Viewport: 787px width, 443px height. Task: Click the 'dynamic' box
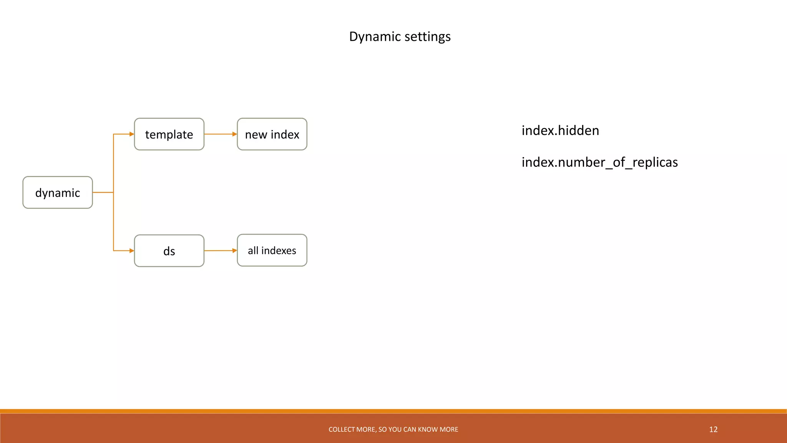click(x=58, y=193)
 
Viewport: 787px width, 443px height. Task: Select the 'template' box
click(x=169, y=134)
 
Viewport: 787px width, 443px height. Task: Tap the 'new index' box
click(x=272, y=134)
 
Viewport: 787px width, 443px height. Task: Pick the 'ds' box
click(x=169, y=251)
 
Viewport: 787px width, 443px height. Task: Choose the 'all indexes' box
click(x=272, y=250)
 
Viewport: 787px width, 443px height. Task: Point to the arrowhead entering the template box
click(x=132, y=134)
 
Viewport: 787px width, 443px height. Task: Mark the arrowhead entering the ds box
click(x=132, y=251)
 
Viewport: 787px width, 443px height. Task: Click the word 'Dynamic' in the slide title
click(x=375, y=37)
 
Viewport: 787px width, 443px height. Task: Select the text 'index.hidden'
click(x=560, y=131)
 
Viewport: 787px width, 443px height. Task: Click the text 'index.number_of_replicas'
click(x=599, y=162)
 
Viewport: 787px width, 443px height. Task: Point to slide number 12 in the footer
click(x=713, y=430)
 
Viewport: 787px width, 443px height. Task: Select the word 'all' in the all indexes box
click(x=253, y=251)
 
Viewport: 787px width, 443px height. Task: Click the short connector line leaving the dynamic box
click(x=103, y=192)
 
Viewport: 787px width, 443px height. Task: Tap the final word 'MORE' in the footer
click(x=450, y=430)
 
